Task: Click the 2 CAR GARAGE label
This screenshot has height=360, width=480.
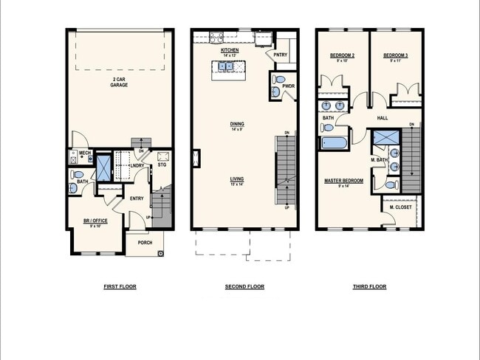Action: (x=120, y=83)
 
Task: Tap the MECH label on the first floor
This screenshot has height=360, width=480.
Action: (x=84, y=153)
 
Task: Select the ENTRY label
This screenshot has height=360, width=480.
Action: (x=137, y=198)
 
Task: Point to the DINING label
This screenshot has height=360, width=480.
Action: (x=237, y=125)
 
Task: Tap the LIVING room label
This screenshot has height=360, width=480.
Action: (x=237, y=180)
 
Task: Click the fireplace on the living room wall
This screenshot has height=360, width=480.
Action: (x=195, y=158)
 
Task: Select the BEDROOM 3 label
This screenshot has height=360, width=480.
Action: (x=396, y=57)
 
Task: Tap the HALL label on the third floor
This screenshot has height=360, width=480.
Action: (x=383, y=117)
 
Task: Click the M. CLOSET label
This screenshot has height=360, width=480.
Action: (x=401, y=207)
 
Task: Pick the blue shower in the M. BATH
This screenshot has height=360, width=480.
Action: (x=383, y=139)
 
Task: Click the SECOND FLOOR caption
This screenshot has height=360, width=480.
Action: (x=244, y=286)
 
